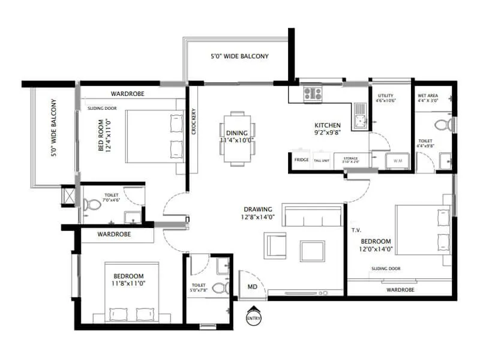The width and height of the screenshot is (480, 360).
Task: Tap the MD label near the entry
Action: pos(253,287)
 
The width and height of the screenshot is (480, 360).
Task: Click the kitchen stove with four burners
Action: pos(313,93)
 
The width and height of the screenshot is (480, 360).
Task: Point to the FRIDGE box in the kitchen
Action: pos(301,160)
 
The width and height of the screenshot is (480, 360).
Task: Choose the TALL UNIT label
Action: pos(322,160)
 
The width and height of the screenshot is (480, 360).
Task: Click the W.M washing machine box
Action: pos(398,161)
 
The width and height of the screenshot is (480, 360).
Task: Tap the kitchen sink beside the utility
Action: pos(360,116)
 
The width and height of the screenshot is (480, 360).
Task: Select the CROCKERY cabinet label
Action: pos(193,124)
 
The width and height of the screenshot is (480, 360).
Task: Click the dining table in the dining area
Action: pos(238,138)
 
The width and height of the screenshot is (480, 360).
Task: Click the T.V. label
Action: pos(356,229)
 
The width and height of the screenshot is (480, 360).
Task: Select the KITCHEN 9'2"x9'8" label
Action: pos(328,128)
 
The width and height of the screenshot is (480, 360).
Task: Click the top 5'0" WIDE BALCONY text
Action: pos(239,56)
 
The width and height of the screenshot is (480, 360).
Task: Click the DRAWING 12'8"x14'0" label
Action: pos(259,213)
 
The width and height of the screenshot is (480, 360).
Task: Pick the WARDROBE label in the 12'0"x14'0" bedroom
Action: pos(400,289)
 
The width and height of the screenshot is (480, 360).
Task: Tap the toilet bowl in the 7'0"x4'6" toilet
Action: pos(91,204)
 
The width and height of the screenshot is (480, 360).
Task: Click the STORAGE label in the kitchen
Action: pos(350,160)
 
